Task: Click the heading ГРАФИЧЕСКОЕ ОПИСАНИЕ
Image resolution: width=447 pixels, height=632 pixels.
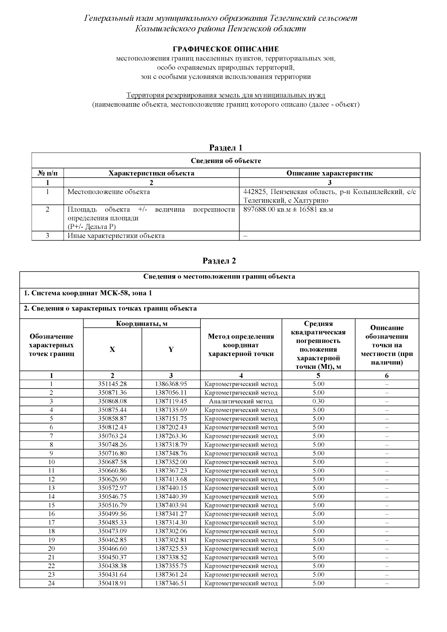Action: (x=225, y=49)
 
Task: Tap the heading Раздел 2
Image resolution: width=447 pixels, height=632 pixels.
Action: (x=219, y=261)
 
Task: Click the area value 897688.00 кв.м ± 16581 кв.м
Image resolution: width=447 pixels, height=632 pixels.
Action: (x=288, y=209)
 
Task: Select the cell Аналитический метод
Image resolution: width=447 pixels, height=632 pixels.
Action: (x=241, y=401)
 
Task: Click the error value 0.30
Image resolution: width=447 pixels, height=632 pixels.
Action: (x=318, y=401)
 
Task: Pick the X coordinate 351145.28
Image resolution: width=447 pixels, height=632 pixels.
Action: (x=112, y=384)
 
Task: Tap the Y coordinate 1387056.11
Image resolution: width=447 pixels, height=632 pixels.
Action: (x=171, y=393)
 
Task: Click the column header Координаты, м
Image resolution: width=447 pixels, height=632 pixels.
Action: (x=142, y=324)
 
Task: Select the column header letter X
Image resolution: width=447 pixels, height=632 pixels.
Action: (x=112, y=349)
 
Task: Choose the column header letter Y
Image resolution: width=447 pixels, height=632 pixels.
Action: (x=171, y=349)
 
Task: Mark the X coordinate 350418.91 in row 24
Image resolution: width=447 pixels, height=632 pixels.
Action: (x=112, y=583)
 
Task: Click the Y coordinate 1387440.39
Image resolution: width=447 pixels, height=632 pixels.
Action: (x=171, y=496)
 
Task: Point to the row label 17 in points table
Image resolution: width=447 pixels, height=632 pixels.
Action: (x=51, y=523)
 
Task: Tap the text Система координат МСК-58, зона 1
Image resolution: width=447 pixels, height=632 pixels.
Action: (x=88, y=293)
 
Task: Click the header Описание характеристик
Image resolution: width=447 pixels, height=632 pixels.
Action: (x=329, y=173)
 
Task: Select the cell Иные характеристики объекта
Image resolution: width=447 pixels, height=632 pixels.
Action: (x=116, y=236)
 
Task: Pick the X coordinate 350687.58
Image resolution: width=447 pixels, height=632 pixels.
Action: (x=112, y=462)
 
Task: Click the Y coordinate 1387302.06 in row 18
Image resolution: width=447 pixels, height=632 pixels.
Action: (x=171, y=531)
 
